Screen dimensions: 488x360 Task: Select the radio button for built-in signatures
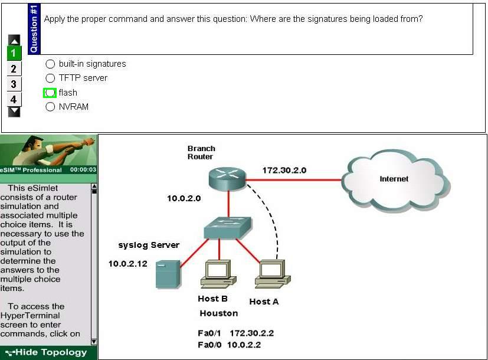click(x=50, y=64)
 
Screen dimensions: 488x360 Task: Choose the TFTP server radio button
click(x=50, y=78)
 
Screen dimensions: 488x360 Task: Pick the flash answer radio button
click(x=50, y=93)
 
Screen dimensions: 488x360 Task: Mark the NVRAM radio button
click(x=50, y=107)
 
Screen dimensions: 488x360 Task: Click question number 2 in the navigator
click(x=14, y=69)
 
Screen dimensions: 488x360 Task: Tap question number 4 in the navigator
click(x=14, y=100)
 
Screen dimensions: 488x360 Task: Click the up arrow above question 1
click(x=14, y=40)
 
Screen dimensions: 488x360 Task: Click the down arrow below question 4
click(x=14, y=112)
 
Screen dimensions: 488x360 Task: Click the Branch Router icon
click(x=227, y=178)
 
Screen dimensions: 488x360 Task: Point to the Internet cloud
click(x=395, y=180)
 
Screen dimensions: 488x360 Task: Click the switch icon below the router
click(x=228, y=228)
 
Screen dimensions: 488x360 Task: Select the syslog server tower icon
click(x=168, y=274)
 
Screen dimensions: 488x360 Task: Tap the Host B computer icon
click(x=218, y=274)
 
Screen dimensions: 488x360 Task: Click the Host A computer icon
click(x=273, y=274)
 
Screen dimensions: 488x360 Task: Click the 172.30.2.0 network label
click(x=284, y=171)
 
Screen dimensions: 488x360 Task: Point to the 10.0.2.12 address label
click(x=127, y=264)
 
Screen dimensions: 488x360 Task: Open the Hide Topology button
click(x=47, y=352)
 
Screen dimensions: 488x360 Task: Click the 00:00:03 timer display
click(x=83, y=169)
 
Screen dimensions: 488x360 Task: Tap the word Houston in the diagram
click(x=219, y=313)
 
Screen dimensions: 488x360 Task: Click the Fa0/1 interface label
click(x=209, y=333)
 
